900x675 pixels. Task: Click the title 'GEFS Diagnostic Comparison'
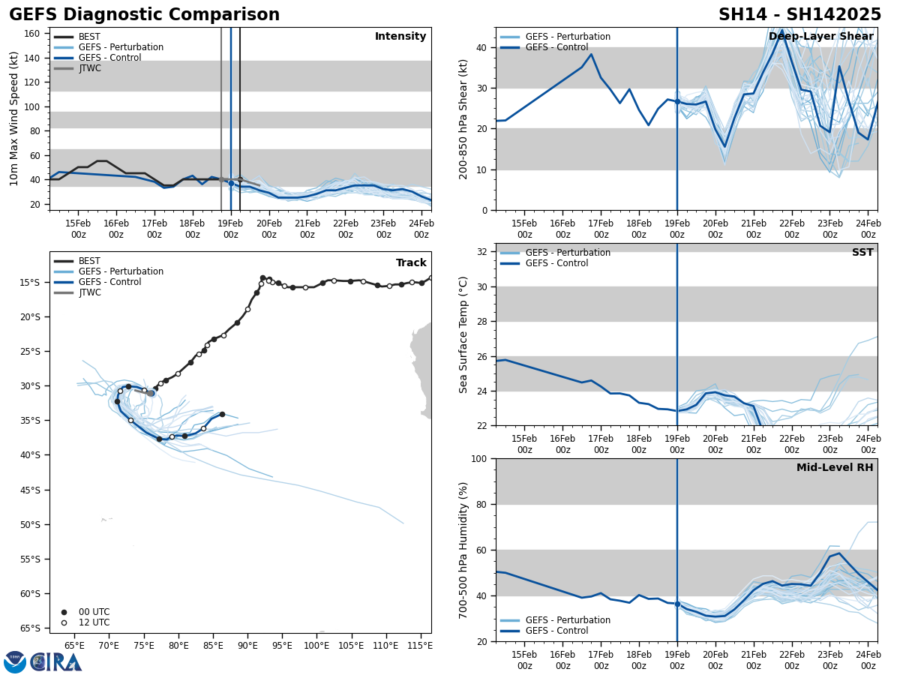click(x=144, y=15)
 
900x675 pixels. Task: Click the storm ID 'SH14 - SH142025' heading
click(x=799, y=15)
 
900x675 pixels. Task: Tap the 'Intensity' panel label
click(x=400, y=37)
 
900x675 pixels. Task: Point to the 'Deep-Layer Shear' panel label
click(x=820, y=37)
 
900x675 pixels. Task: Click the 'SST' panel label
click(x=862, y=253)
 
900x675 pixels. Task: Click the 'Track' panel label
click(x=411, y=262)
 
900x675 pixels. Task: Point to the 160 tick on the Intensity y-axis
click(x=33, y=34)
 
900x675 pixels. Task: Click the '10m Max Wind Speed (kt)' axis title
click(x=14, y=119)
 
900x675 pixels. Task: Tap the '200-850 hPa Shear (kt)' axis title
click(x=464, y=119)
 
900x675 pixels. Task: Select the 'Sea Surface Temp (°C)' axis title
click(x=464, y=334)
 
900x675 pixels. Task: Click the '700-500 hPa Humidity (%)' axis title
click(x=464, y=550)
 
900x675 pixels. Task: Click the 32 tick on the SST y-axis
click(x=483, y=252)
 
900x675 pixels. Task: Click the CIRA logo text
click(x=56, y=662)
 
